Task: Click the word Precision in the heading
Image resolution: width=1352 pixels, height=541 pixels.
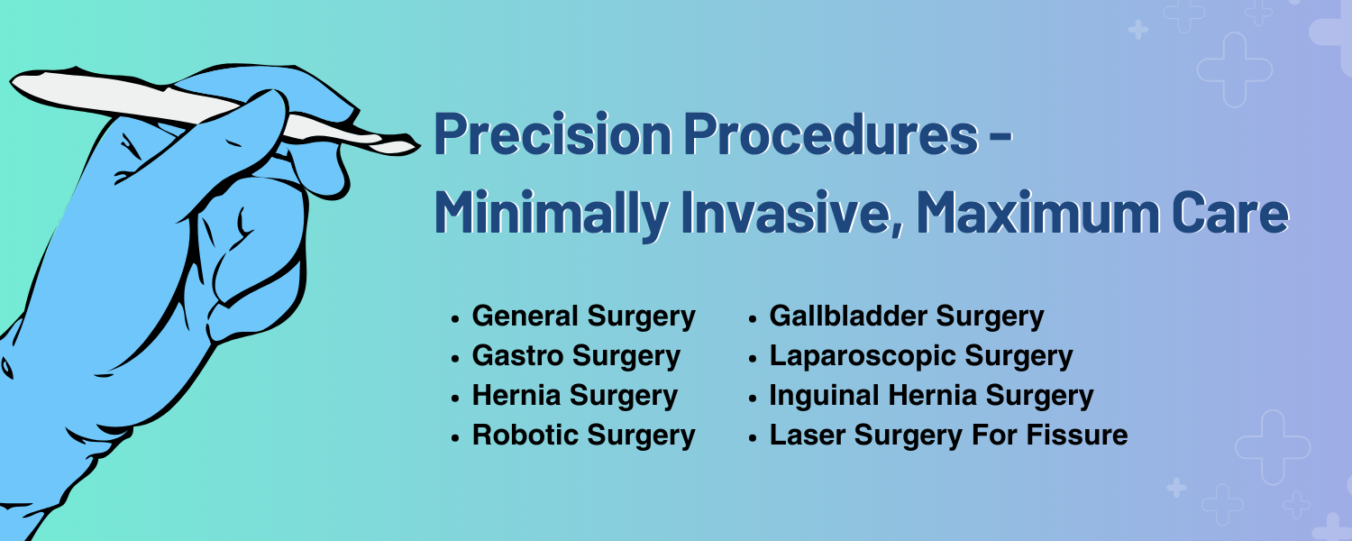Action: (x=553, y=134)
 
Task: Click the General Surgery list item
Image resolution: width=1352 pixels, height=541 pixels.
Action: (x=584, y=316)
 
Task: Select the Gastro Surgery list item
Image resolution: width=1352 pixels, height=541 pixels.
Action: (x=577, y=356)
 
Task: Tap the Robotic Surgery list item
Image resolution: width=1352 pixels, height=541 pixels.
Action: (x=584, y=436)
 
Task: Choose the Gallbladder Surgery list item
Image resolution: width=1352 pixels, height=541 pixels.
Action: (x=907, y=316)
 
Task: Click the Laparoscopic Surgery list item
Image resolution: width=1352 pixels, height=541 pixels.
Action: (x=921, y=356)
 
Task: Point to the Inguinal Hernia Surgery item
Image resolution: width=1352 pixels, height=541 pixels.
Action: (x=931, y=396)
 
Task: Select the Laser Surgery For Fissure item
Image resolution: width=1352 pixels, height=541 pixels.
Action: (x=948, y=436)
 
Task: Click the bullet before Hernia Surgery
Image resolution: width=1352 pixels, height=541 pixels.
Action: (x=455, y=399)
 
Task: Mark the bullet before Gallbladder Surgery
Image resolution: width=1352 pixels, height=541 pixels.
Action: (x=752, y=319)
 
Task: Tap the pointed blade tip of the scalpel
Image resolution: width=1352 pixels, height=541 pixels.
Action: (x=419, y=144)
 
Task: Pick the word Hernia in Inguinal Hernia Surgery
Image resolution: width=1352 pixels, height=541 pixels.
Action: (x=933, y=396)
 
